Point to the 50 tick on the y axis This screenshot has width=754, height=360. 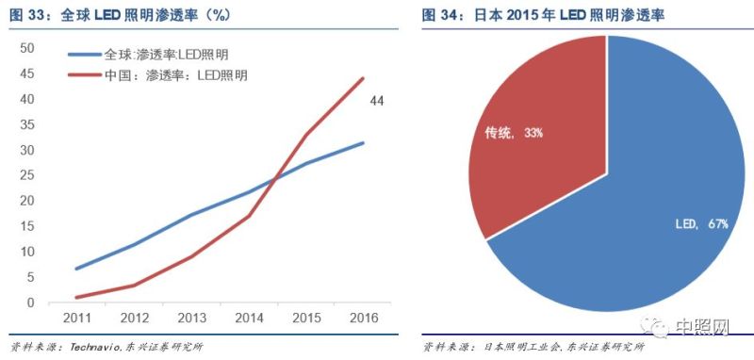27,48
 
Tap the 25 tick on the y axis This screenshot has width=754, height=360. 27,175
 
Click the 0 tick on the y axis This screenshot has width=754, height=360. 31,303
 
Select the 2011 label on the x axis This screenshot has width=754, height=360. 76,319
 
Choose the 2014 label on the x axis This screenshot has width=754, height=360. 249,319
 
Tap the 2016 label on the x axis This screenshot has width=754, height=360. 364,319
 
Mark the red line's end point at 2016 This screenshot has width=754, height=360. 364,78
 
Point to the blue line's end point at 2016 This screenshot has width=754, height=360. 364,142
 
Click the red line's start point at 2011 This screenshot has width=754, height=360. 76,298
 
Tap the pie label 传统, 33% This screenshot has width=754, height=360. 515,134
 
